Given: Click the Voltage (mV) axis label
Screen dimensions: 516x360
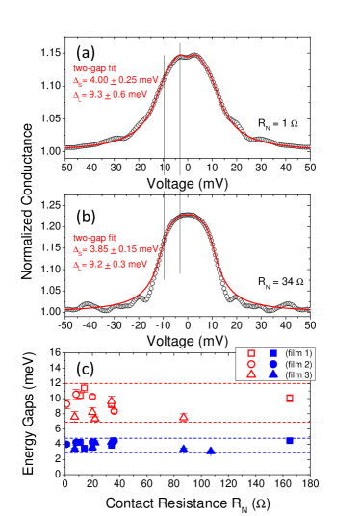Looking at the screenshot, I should [188, 184].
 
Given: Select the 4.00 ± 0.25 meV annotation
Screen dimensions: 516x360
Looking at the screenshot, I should [110, 82].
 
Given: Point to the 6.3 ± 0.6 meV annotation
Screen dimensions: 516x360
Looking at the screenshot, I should [110, 95].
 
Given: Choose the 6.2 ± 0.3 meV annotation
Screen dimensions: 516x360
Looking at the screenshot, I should [110, 262].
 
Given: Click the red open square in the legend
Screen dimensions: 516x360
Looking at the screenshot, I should [251, 354].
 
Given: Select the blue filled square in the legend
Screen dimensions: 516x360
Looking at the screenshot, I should [273, 354].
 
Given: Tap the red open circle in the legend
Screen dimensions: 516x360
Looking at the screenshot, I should [251, 365].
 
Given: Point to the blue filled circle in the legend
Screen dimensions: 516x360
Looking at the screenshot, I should [273, 365].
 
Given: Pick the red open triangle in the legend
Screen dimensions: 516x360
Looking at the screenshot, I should [251, 374].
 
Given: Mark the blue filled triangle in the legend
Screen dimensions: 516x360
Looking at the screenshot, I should [273, 374].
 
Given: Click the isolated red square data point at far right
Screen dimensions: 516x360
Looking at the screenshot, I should [290, 398].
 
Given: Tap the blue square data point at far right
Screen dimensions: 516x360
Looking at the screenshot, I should [290, 440].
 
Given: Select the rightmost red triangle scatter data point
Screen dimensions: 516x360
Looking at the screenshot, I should [183, 417].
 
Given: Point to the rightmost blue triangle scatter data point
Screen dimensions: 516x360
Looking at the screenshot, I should [210, 450].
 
